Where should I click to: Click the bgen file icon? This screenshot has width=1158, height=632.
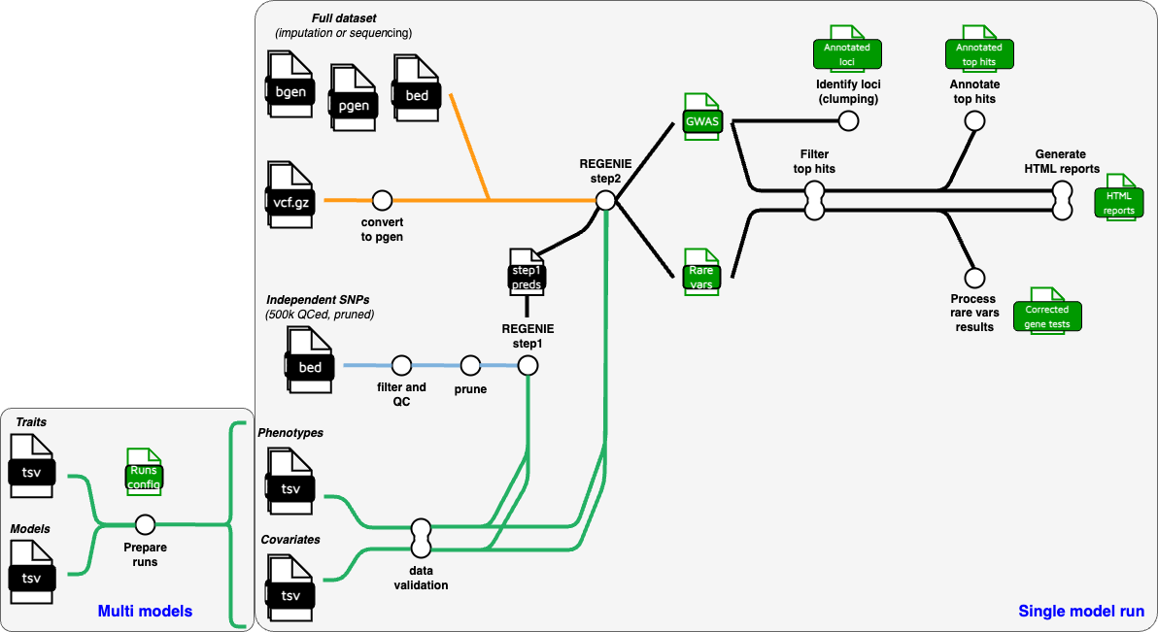point(289,90)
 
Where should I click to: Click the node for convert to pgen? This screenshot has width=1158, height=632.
point(382,200)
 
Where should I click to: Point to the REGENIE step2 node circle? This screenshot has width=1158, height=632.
point(605,200)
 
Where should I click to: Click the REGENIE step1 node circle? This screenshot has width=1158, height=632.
point(528,366)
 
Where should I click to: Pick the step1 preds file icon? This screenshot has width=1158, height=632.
point(527,273)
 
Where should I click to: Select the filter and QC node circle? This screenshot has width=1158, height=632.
point(400,366)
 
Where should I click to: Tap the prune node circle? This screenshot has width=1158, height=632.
point(470,366)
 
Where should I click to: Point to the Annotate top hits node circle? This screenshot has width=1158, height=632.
point(974,120)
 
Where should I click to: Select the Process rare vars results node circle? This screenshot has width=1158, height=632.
point(974,279)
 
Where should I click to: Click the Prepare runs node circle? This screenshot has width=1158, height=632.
point(145,525)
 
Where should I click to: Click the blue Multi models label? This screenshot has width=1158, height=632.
point(145,612)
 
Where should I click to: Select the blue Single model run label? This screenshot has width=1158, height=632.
point(1080,612)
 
